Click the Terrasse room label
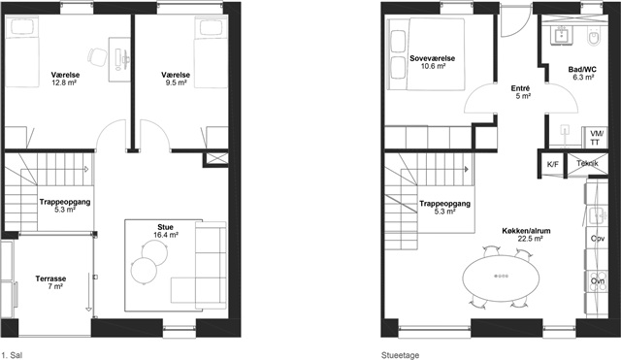(x=50, y=278)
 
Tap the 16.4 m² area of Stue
(x=166, y=235)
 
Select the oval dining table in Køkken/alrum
(x=502, y=276)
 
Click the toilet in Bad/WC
(x=594, y=37)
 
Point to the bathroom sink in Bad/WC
(x=562, y=35)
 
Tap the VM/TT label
(x=595, y=138)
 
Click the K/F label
(x=552, y=164)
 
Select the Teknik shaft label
(x=587, y=163)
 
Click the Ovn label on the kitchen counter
(x=598, y=281)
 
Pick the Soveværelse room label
(x=433, y=58)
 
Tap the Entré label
(x=520, y=88)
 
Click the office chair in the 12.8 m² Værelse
(x=97, y=57)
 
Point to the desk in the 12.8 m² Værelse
(x=119, y=60)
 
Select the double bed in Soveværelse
(x=427, y=54)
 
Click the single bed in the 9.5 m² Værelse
(x=211, y=51)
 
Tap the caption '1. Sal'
(x=13, y=355)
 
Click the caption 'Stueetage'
(x=400, y=355)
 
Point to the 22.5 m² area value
(x=531, y=239)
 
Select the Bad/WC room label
(x=582, y=70)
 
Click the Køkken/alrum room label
(x=526, y=231)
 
